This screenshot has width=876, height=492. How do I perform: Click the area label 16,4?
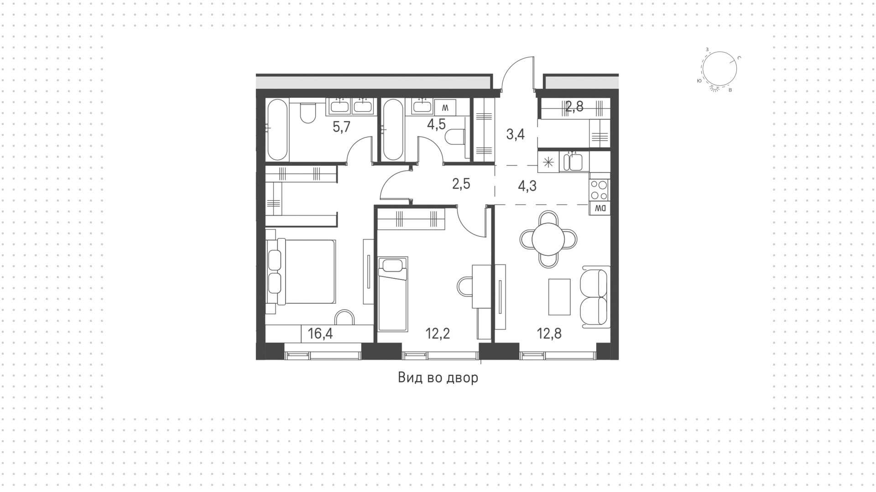320,334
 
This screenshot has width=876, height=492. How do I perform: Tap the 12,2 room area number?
438,334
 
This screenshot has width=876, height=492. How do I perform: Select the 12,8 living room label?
549,334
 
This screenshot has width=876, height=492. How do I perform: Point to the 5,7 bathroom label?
341,127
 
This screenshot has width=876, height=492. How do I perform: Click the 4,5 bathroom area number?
436,124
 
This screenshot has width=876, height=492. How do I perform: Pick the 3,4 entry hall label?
516,135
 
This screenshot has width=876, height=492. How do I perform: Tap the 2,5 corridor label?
461,184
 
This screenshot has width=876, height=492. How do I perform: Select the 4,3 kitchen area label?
527,186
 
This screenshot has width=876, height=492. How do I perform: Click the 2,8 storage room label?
574,107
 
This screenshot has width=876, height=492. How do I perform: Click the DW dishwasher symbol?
600,209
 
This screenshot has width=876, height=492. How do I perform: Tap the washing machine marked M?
445,108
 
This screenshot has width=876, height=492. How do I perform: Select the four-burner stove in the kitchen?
600,190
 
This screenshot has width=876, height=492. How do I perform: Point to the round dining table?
548,239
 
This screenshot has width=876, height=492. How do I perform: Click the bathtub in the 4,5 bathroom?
393,130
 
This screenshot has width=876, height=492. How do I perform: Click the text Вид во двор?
438,378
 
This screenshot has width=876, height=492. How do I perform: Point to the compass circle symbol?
720,68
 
